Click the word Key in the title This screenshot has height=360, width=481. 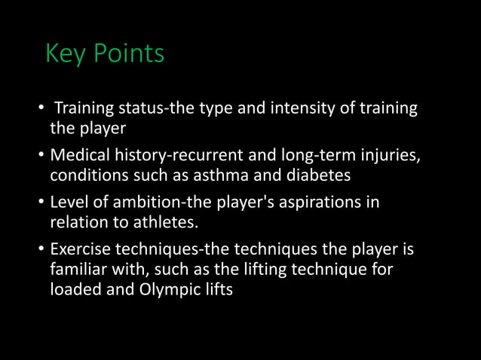tap(66, 55)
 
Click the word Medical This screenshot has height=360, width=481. tap(79, 156)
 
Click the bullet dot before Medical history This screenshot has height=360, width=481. tap(42, 157)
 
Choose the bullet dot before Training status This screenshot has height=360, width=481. tap(42, 109)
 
